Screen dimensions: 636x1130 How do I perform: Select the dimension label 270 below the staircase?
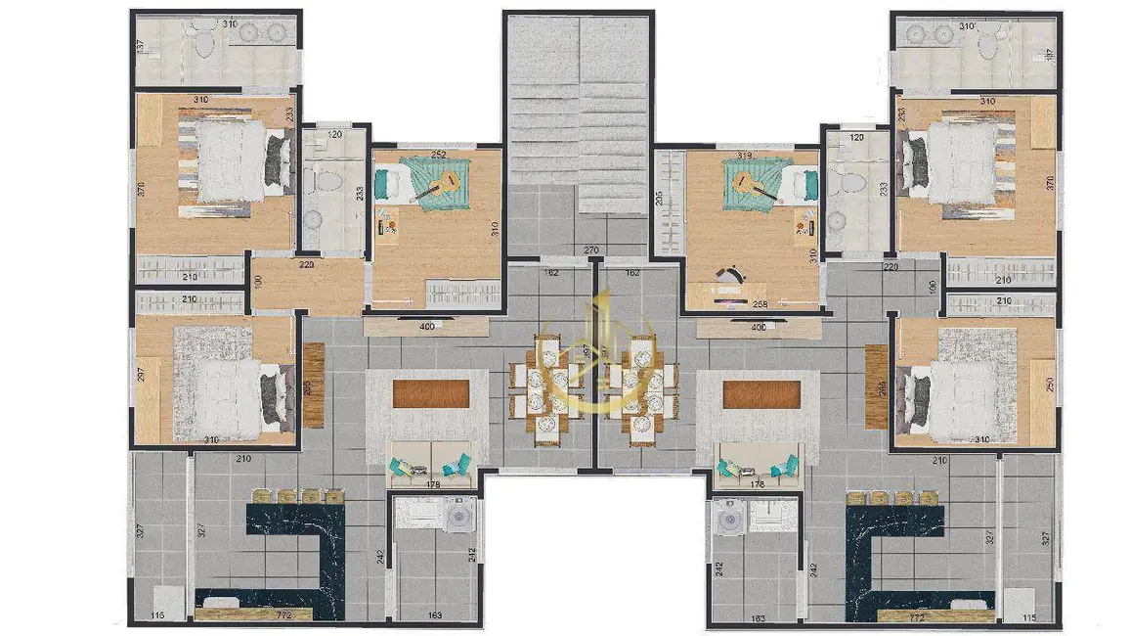point(591,250)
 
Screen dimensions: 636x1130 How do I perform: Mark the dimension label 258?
point(760,304)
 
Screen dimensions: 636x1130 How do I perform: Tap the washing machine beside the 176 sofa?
point(726,518)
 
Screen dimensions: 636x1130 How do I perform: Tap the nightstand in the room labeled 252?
point(388,229)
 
